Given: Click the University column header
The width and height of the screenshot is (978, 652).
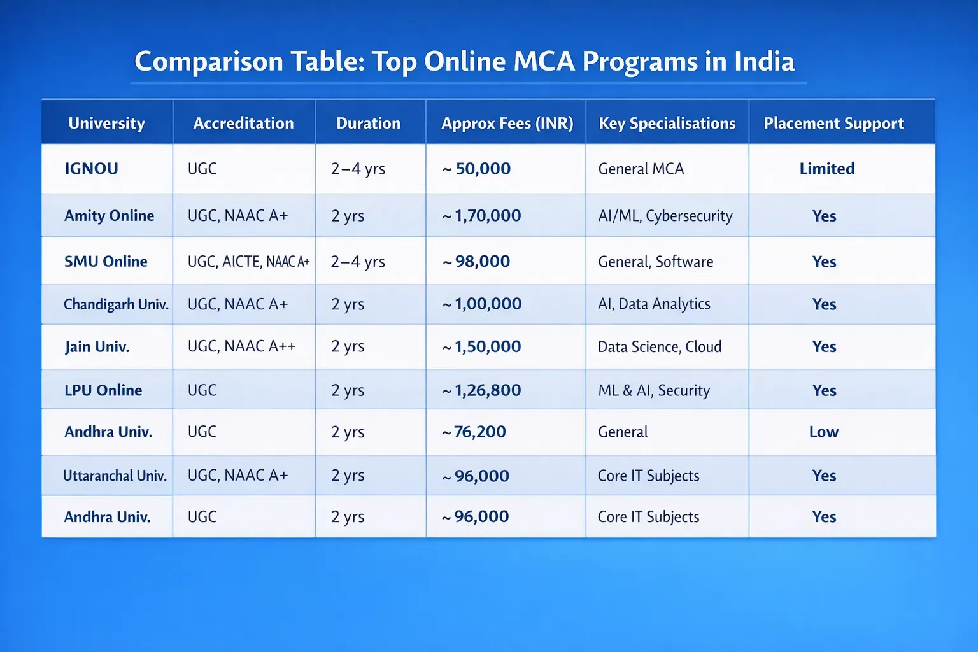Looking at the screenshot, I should pos(106,123).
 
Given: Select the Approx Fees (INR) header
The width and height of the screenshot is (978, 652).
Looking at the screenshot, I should pos(507,123).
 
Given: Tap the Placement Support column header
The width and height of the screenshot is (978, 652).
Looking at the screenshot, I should pos(833,123).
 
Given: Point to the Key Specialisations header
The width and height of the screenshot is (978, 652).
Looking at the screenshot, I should pos(667,123).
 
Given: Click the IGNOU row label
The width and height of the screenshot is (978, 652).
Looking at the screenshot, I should pos(92,169).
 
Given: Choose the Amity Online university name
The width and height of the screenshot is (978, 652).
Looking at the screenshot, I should pos(109,216).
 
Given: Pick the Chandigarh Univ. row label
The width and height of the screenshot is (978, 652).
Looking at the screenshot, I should pos(116,304).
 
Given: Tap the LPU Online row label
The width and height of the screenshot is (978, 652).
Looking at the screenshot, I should pos(103,390).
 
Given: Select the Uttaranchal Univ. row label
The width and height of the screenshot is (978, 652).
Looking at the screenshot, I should pos(115,476).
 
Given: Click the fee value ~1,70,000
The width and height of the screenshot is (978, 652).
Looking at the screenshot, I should pos(482,216).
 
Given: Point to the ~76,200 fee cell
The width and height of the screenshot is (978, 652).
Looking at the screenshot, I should pos(474,432).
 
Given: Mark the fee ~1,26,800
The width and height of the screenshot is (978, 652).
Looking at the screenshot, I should pos(482,390).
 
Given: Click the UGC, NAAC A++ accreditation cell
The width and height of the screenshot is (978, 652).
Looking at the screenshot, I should pos(242,346).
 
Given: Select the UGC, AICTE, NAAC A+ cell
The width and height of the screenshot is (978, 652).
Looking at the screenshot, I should pos(248,262).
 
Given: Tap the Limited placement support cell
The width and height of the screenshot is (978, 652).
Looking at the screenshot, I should pos(827,169).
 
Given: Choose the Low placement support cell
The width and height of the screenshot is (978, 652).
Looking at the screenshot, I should pos(824,432).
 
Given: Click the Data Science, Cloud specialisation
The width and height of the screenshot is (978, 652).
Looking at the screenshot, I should pos(660,347).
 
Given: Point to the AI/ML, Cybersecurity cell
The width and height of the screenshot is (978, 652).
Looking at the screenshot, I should pos(665,216).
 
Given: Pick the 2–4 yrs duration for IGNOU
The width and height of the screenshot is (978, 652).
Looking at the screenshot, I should pos(358,169).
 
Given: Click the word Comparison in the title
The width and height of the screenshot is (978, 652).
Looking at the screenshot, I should pos(209,62).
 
